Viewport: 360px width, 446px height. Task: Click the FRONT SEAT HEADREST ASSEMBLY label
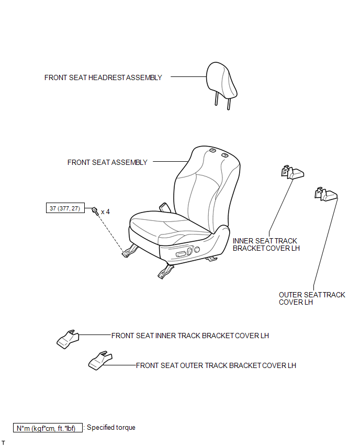(x=103, y=77)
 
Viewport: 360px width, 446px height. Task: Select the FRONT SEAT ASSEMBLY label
(x=107, y=162)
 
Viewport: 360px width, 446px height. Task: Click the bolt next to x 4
(x=95, y=211)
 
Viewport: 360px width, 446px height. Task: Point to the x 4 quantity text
(x=105, y=211)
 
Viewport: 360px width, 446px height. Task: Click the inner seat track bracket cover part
(x=292, y=172)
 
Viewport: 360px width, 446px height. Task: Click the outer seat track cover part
(x=326, y=194)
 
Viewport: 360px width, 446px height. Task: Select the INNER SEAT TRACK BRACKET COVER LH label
(x=266, y=244)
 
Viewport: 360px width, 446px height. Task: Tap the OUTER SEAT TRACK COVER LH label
(x=312, y=298)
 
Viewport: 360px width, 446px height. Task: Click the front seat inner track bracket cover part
(x=67, y=339)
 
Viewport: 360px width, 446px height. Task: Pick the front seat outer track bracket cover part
(x=100, y=360)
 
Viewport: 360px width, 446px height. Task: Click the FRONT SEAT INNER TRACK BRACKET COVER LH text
(x=190, y=336)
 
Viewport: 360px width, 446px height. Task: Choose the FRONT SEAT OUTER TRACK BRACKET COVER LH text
(x=216, y=365)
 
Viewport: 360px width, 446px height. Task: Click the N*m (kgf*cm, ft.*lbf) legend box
(x=48, y=428)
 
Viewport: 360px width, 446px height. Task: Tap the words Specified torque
(x=111, y=427)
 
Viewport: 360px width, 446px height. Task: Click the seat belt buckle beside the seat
(x=164, y=207)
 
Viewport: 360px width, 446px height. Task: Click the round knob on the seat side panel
(x=197, y=250)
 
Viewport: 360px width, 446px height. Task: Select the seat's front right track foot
(x=165, y=272)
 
